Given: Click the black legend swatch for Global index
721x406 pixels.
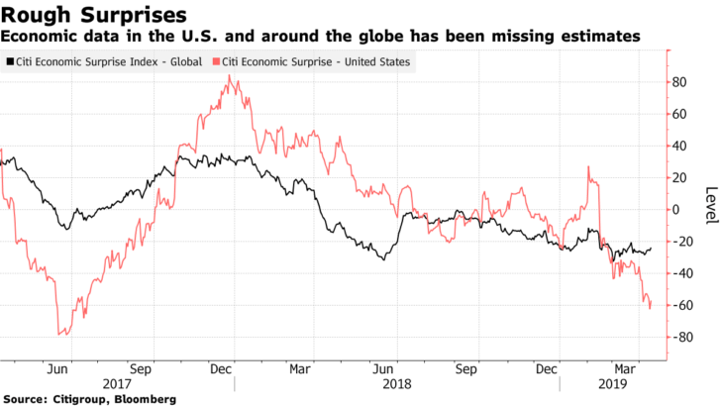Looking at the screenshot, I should tap(9, 61).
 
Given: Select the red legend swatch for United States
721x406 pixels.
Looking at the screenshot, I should tap(217, 61).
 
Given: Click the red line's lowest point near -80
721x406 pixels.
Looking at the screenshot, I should tap(61, 335).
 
